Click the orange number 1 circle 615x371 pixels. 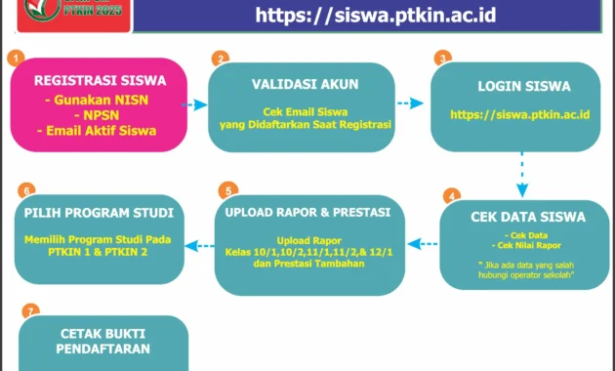coord(16,58)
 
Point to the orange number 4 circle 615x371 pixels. coord(451,195)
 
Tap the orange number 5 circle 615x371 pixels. coord(227,189)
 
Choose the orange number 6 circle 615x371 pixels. coord(27,189)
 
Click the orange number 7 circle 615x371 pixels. coord(31,312)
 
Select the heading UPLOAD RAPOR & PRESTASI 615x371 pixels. coord(307,212)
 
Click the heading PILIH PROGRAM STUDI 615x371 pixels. coord(101,212)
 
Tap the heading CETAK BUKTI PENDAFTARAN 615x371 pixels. coord(100,340)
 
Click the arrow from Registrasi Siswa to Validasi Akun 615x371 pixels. coord(197,103)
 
